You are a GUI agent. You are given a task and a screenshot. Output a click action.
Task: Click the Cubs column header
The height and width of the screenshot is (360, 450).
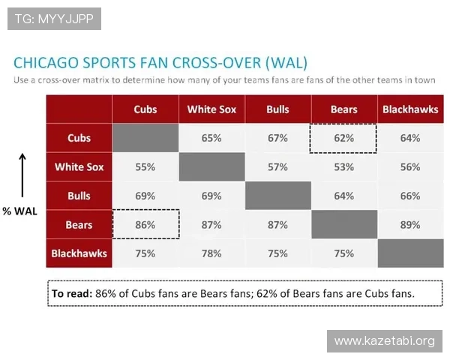tap(145, 109)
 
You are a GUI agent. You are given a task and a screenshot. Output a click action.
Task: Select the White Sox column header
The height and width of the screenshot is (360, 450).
tap(211, 109)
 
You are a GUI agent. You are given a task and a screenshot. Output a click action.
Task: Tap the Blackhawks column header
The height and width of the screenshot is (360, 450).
tap(410, 109)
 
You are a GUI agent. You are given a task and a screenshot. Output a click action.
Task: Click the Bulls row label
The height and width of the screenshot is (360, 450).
tap(79, 196)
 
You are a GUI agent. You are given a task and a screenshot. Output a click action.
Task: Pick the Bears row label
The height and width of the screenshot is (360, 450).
tap(79, 224)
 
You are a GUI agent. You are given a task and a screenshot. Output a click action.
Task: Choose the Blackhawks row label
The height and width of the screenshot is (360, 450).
tap(79, 253)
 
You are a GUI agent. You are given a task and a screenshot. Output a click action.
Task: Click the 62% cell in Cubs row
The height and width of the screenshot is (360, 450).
tap(344, 138)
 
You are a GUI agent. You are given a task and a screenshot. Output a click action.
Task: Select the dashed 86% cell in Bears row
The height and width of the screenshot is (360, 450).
tap(145, 224)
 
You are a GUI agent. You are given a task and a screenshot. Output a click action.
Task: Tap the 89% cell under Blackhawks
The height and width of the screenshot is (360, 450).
tap(410, 224)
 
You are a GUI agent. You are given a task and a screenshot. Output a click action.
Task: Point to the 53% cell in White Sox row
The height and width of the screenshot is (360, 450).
tap(344, 167)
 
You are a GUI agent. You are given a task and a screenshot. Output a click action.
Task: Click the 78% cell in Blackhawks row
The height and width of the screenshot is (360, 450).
tap(211, 253)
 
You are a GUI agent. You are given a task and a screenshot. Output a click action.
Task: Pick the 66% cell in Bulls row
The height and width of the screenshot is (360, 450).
tap(410, 196)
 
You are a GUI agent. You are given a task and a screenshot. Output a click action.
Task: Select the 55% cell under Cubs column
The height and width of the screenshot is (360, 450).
tap(145, 167)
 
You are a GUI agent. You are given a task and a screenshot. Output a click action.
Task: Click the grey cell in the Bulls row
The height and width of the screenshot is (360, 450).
tap(277, 196)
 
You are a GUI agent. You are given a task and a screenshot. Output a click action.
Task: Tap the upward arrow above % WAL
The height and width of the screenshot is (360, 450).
tap(22, 173)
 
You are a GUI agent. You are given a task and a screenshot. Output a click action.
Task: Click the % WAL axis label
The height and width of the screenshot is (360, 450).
tap(19, 211)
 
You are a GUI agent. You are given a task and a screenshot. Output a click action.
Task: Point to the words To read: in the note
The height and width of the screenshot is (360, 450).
tap(70, 293)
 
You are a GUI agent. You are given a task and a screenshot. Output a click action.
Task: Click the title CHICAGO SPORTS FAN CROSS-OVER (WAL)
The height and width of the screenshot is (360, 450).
tap(160, 61)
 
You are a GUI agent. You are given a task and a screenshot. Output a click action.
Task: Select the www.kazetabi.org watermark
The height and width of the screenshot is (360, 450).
tap(384, 341)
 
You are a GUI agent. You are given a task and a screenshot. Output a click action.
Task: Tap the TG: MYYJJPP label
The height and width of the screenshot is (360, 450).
tap(54, 19)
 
